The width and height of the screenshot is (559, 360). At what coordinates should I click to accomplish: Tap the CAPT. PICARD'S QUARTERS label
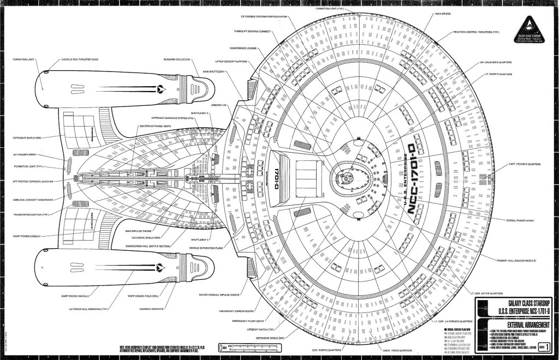point(525,164)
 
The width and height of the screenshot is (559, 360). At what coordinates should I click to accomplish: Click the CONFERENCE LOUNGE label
point(243,47)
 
